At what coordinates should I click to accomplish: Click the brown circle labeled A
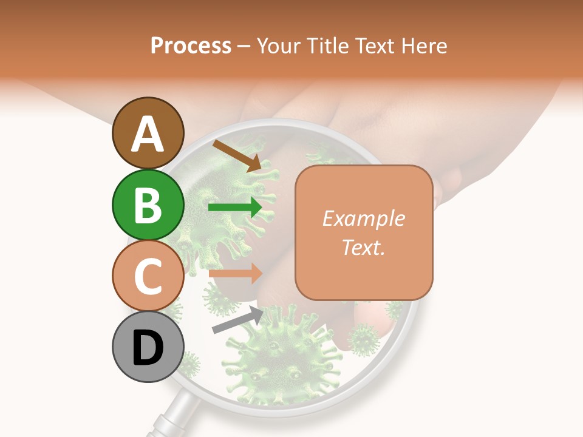click(148, 133)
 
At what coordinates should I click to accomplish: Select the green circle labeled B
click(148, 205)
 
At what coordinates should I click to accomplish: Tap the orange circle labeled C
click(148, 276)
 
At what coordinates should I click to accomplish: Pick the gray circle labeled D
click(148, 348)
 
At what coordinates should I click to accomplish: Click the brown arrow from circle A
click(237, 155)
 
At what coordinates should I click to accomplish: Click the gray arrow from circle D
click(237, 320)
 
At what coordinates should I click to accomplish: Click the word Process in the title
click(191, 46)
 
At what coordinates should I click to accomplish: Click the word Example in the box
click(363, 218)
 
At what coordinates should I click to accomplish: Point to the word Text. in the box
click(363, 247)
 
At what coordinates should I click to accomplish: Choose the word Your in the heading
click(278, 46)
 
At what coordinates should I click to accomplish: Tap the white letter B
click(148, 205)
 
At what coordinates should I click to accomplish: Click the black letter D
click(148, 348)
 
